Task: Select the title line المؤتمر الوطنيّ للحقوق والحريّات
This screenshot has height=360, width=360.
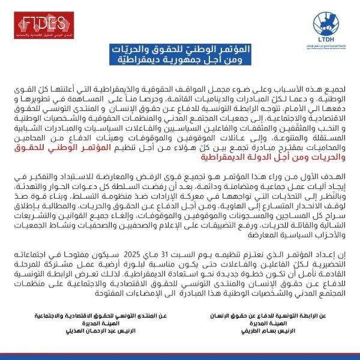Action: coord(180,50)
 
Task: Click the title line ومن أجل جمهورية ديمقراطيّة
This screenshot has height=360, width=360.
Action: coord(180,62)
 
